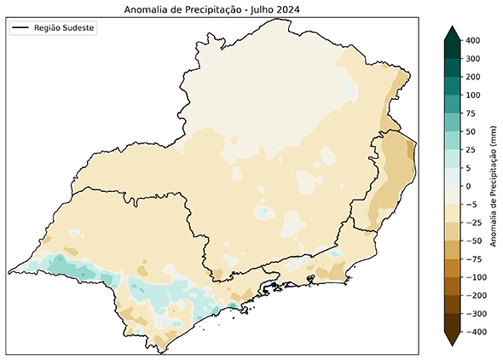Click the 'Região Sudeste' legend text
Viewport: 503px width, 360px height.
65,28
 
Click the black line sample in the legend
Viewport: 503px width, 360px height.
21,28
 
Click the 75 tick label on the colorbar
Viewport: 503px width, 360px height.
472,113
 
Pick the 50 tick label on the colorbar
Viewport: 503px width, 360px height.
472,131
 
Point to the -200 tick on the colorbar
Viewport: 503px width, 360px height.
477,295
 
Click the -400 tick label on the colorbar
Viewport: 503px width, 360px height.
477,332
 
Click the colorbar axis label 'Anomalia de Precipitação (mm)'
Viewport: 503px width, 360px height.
494,185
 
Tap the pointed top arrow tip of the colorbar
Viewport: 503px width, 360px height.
452,28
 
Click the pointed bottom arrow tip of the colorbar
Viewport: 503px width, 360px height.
452,344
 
